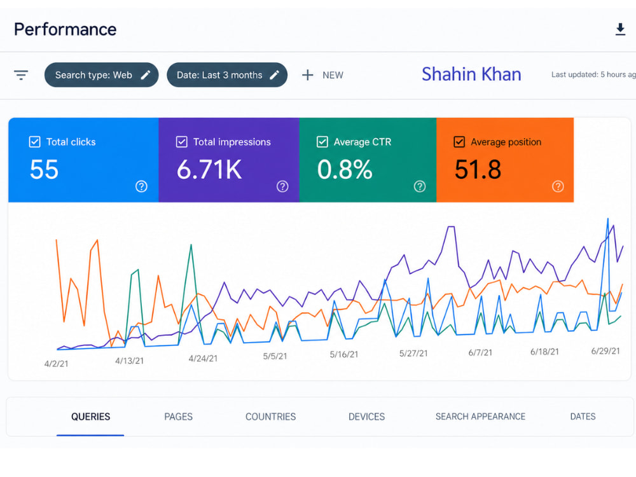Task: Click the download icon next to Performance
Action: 620,29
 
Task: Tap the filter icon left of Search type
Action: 21,75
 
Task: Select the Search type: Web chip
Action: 101,75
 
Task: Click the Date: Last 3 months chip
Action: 227,75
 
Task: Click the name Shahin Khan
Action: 471,74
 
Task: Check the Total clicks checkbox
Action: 35,142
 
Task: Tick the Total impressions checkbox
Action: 182,142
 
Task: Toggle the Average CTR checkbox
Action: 322,142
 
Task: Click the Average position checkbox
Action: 459,142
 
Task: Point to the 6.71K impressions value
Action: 209,169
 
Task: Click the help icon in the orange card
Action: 558,186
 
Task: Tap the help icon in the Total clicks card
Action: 141,186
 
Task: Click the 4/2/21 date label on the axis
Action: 57,364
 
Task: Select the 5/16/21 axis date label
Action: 344,354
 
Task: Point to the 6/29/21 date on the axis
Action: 605,351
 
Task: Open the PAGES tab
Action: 179,417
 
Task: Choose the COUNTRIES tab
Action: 270,417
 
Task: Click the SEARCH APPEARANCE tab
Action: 480,417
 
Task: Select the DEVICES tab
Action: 367,417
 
